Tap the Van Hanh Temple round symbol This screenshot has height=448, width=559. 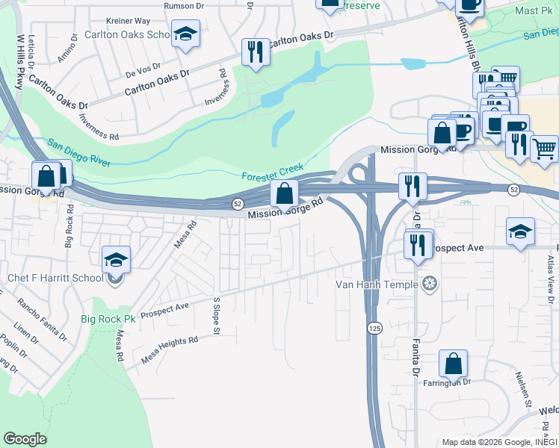click(x=429, y=283)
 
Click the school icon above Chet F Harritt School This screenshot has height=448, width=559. click(x=116, y=260)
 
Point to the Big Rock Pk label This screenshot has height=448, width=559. click(x=108, y=319)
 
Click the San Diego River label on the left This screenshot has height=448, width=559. click(x=78, y=152)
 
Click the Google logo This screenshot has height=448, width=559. click(x=25, y=439)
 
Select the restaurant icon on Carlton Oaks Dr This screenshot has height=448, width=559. click(x=256, y=52)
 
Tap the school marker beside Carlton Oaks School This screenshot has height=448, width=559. click(x=185, y=34)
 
